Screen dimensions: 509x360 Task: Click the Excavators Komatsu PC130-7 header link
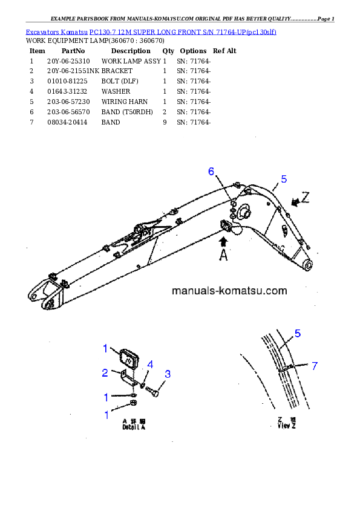coord(151,31)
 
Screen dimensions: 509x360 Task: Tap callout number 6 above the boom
coord(211,172)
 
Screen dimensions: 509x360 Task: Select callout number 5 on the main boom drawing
coord(284,179)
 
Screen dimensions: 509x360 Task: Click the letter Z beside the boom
coord(306,197)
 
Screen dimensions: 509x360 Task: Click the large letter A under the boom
coord(223,255)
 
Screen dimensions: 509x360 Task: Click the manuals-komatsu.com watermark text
coord(229,290)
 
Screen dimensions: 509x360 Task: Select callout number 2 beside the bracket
coord(105,372)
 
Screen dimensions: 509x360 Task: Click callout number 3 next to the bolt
coord(168,374)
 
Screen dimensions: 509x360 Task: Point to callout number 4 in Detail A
coord(150,365)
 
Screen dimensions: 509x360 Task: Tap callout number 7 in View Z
coord(314,365)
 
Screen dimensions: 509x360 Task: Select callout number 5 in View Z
coord(298,333)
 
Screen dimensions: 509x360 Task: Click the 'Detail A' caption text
coord(134,424)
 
